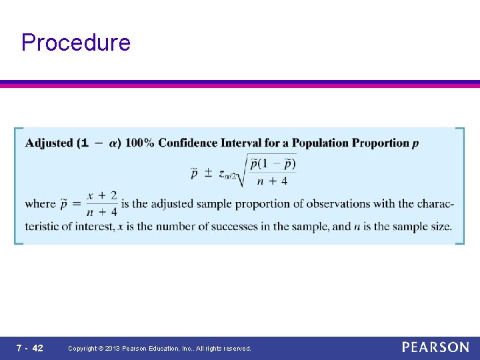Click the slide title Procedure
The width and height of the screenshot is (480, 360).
tap(76, 43)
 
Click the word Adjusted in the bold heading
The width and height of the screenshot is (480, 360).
tap(49, 143)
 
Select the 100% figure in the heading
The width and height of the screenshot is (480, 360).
tap(139, 143)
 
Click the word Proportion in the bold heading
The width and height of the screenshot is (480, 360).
tap(380, 143)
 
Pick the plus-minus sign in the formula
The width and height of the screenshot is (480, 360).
tap(207, 173)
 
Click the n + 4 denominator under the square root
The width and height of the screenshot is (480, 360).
tap(271, 181)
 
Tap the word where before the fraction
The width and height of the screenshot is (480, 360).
tap(40, 204)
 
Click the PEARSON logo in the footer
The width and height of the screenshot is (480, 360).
tap(435, 347)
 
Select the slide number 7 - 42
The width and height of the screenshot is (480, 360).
tap(30, 348)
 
